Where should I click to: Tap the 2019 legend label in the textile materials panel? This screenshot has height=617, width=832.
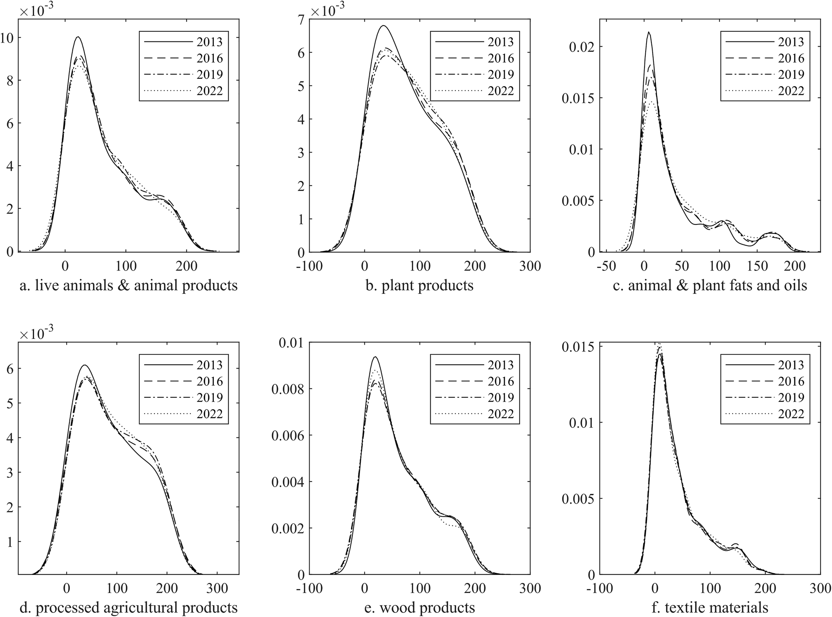click(791, 397)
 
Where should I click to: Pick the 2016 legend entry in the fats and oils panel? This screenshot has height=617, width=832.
click(791, 58)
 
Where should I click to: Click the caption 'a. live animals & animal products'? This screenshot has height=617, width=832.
click(129, 285)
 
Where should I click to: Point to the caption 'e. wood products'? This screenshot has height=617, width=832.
click(420, 608)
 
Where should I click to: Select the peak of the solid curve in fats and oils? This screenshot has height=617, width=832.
click(649, 32)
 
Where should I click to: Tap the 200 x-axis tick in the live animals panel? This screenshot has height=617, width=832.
click(186, 266)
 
